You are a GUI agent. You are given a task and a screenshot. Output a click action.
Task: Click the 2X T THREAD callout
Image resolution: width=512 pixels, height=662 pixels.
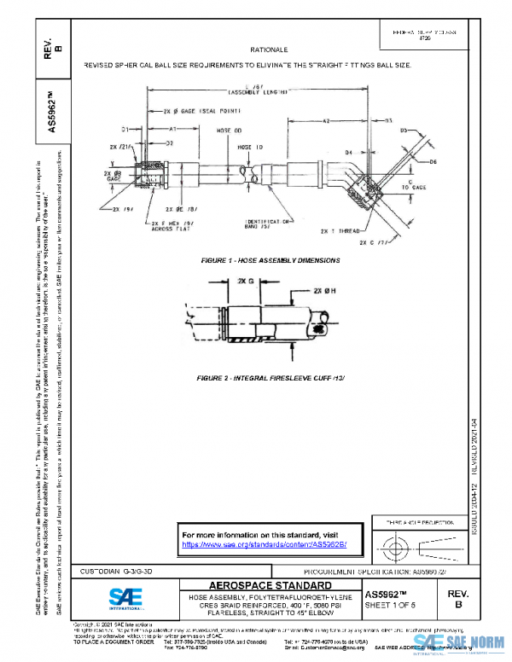pos(341,231)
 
